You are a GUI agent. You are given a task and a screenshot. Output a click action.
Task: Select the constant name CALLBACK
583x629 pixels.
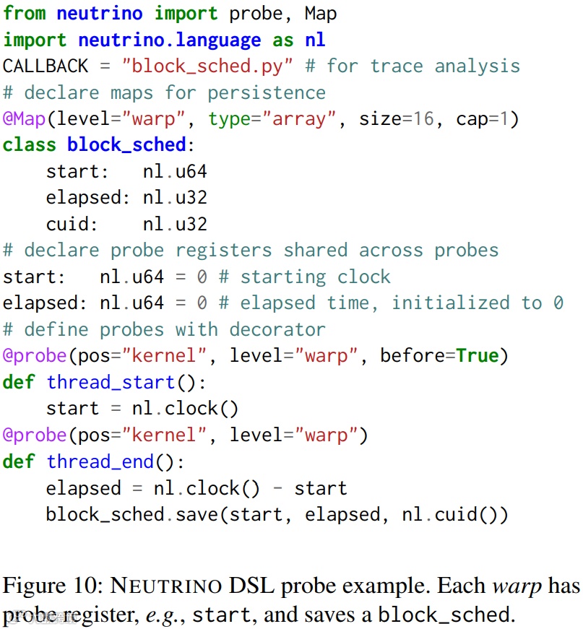point(46,66)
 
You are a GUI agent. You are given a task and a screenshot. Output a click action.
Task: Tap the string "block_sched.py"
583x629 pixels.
point(207,66)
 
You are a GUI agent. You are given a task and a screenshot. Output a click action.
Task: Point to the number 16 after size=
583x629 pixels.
point(424,118)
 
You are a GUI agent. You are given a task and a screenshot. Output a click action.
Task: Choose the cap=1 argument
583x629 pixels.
point(488,118)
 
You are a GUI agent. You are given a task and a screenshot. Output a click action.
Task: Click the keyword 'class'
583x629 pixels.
point(30,144)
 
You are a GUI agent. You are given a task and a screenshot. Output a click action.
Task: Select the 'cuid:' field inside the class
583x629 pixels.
point(72,224)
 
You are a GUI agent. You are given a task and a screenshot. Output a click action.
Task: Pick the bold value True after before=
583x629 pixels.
point(478,355)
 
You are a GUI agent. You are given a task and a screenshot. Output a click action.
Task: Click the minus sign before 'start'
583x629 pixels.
point(277,488)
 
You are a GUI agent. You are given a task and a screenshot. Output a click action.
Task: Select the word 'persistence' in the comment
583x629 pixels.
point(267,92)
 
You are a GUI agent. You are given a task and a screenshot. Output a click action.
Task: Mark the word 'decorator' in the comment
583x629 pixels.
point(277,329)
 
